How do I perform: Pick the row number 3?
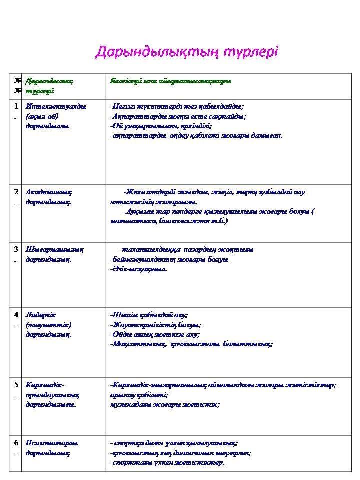click(x=17, y=249)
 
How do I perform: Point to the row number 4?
click(x=17, y=315)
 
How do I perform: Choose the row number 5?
click(x=17, y=385)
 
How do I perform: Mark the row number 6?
click(x=17, y=443)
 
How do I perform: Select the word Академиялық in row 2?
click(x=49, y=192)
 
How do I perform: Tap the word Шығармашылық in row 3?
click(x=54, y=249)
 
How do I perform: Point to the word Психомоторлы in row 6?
click(x=52, y=443)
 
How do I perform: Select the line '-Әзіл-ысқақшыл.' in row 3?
click(x=139, y=269)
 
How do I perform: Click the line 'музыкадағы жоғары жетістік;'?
click(x=165, y=404)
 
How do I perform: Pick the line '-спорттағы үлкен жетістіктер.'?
click(x=167, y=462)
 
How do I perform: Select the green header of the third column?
click(x=170, y=81)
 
